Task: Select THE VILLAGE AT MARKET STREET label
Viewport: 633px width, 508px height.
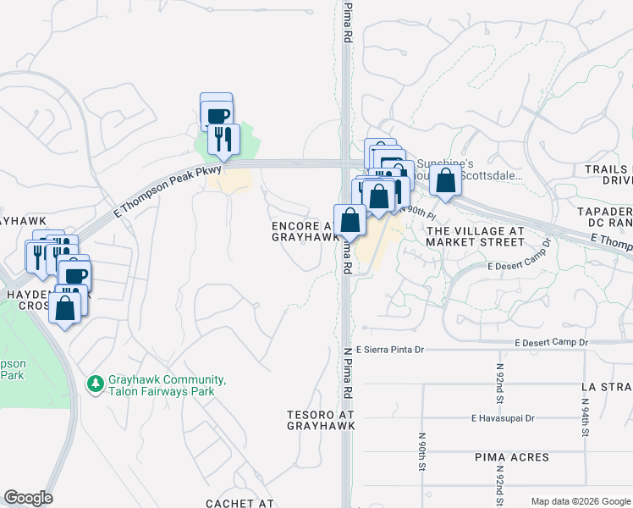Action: coord(475,236)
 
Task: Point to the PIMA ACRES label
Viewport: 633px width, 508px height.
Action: coord(511,457)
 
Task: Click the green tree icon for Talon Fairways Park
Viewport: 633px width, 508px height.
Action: coord(95,384)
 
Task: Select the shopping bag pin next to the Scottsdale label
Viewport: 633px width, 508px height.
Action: coord(446,179)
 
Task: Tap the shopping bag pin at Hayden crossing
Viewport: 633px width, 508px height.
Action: coord(65,308)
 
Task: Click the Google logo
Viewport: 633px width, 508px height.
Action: coord(28,498)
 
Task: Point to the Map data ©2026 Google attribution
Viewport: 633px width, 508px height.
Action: coord(581,501)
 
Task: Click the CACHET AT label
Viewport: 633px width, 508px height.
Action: coord(240,504)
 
